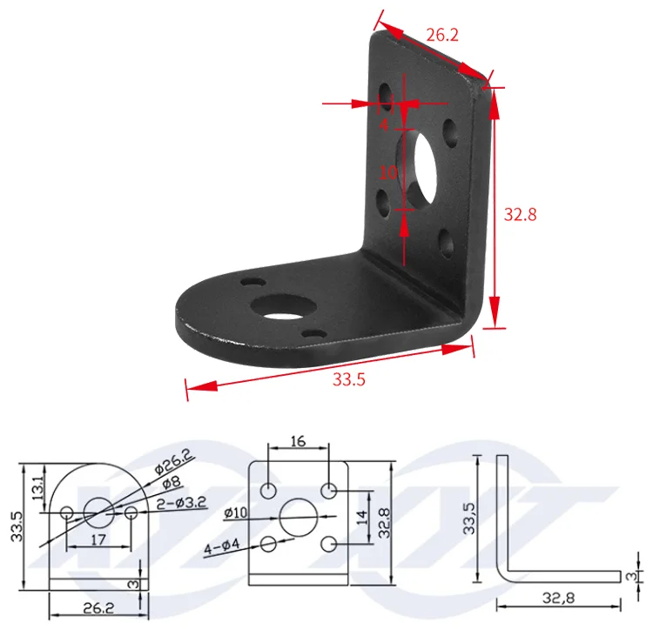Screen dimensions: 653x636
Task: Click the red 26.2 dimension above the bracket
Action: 442,35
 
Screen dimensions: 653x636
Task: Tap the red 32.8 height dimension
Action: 520,214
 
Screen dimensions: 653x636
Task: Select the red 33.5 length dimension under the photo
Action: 349,379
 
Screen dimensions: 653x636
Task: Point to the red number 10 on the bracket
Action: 388,172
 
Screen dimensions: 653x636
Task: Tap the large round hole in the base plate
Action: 283,308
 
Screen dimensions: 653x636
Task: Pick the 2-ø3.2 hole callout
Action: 182,503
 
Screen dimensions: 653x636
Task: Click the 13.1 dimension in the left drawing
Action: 37,488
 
